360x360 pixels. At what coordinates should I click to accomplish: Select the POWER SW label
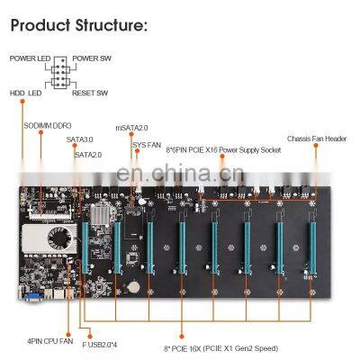(94, 58)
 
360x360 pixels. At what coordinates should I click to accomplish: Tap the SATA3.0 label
(78, 139)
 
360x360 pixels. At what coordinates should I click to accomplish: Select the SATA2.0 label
(87, 154)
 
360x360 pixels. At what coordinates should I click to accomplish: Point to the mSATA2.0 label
(130, 129)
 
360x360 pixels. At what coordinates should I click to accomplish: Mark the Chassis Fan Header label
(317, 139)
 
